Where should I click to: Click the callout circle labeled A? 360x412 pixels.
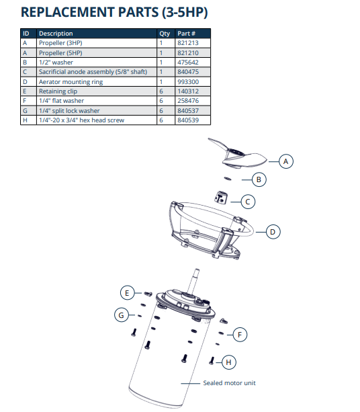pos(286,161)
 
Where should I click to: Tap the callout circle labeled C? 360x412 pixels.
pos(248,201)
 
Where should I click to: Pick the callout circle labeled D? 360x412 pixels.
pos(273,232)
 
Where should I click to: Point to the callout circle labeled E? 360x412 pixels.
pos(127,292)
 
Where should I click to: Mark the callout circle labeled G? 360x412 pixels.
pos(121,314)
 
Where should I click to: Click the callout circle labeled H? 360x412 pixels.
pos(228,362)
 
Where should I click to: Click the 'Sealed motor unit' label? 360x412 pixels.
pos(229,383)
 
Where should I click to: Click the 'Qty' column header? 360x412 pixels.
pos(164,33)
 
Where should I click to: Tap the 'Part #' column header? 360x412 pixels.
pos(185,33)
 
